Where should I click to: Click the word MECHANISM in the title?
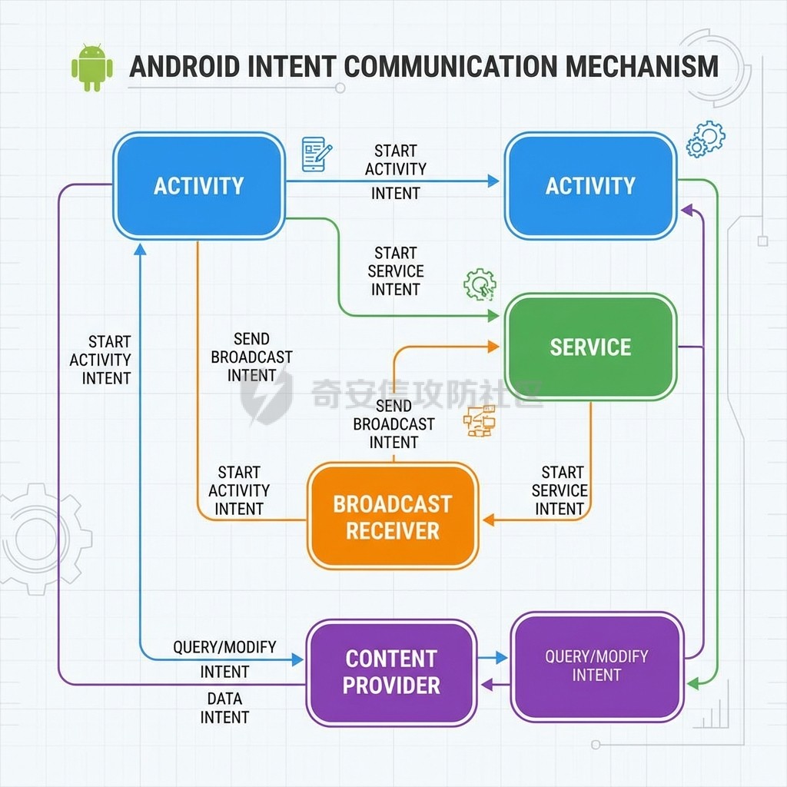tap(643, 66)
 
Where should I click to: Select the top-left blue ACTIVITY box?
tap(198, 186)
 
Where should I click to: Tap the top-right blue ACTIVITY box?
tap(590, 186)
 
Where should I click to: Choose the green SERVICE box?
tap(590, 347)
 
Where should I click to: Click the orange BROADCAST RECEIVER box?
tap(393, 516)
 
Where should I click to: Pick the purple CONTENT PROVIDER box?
tap(391, 672)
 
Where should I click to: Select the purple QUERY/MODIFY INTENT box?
tap(596, 666)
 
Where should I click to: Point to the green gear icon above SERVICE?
tap(480, 284)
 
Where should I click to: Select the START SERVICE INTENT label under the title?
tap(396, 271)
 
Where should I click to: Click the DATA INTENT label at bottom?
tap(224, 708)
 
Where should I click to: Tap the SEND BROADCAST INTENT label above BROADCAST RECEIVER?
tap(394, 423)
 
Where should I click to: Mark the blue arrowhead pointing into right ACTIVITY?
tap(493, 181)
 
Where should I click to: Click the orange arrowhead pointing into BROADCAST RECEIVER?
tap(488, 520)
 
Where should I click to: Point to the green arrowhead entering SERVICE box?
tap(493, 316)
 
